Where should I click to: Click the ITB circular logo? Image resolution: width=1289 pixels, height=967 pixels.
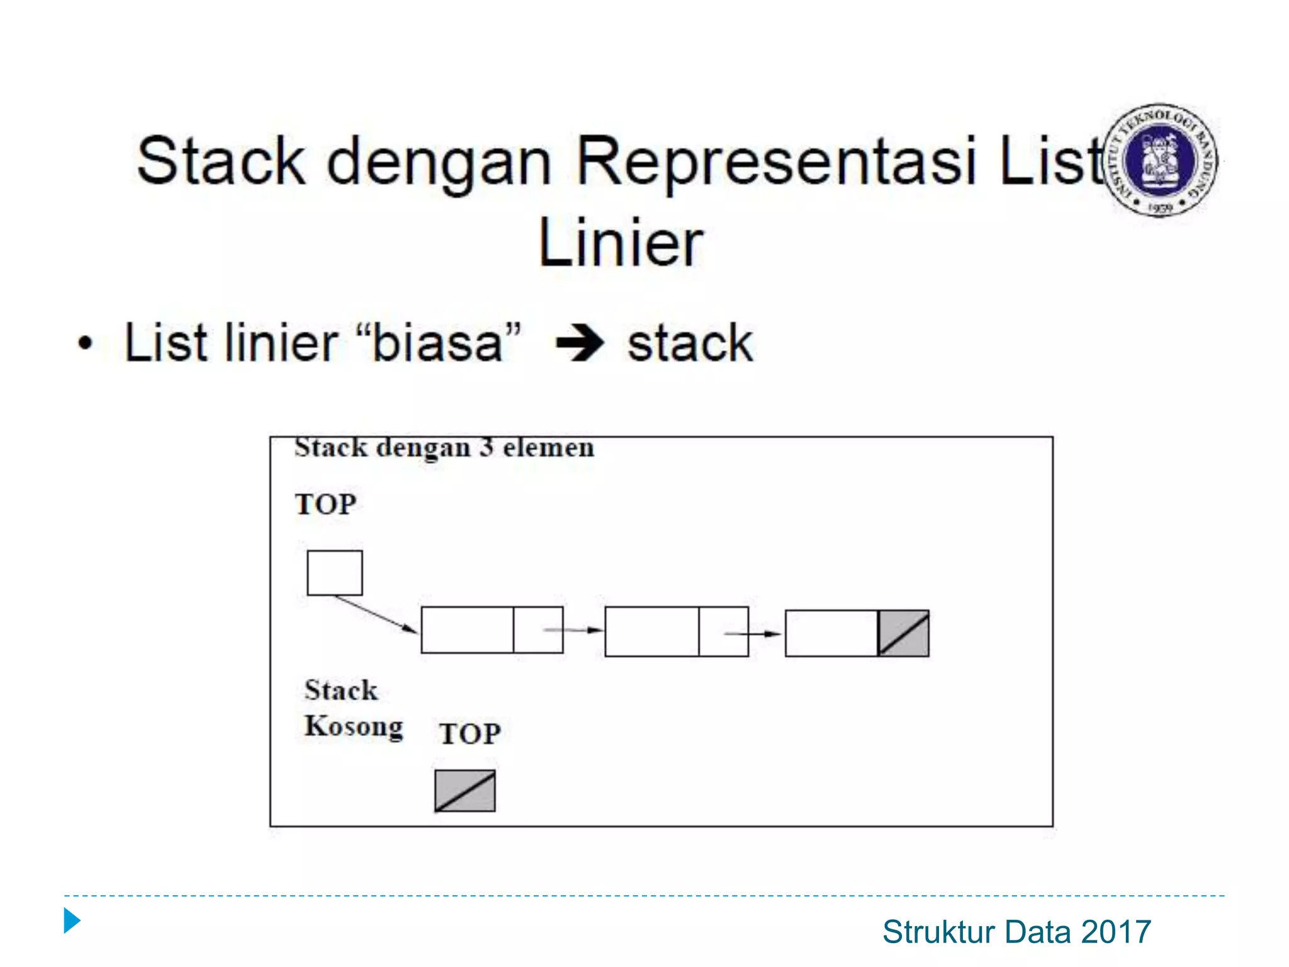coord(1161,161)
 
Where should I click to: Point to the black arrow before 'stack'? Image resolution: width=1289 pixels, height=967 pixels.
coord(580,344)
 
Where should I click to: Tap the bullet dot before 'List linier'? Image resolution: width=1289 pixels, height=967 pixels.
coord(85,344)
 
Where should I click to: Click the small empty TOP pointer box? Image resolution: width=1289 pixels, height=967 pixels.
coord(334,573)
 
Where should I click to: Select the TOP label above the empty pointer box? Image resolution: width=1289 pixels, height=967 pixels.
coord(325,504)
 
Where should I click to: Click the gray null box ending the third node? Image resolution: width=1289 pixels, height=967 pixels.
coord(903,633)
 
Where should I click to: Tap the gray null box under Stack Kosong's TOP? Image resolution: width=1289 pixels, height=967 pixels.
coord(464,791)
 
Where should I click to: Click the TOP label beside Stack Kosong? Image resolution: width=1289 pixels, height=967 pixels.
coord(470,734)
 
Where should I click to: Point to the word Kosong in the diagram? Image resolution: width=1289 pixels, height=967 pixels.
coord(354,727)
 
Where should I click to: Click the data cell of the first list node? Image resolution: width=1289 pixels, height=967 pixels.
coord(467,630)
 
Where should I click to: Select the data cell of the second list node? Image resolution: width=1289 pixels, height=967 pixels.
coord(651,631)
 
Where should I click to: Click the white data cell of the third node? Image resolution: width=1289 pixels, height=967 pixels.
coord(831,633)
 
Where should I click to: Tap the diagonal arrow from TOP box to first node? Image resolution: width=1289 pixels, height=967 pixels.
coord(376,614)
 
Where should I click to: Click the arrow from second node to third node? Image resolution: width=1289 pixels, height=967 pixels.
coord(753,634)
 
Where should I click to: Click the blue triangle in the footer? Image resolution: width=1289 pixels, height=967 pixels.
coord(72,921)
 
